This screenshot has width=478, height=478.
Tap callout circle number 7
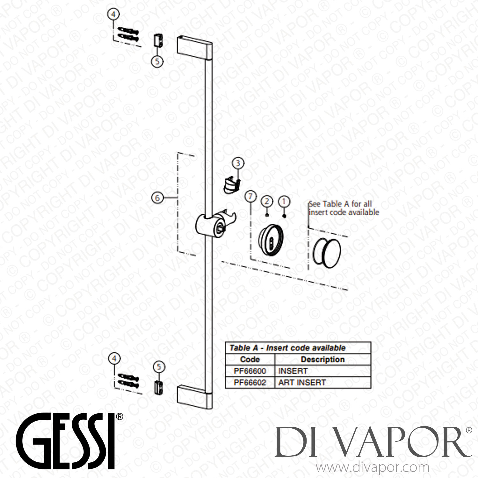[x=250, y=196]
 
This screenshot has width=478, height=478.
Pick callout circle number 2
[x=267, y=201]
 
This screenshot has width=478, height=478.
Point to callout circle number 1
[x=284, y=201]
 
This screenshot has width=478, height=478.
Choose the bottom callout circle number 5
[x=159, y=367]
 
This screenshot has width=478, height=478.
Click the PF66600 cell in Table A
[x=250, y=371]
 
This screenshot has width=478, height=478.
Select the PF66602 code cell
[x=250, y=382]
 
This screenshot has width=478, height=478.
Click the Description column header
[x=322, y=359]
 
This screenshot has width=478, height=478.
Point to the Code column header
[x=250, y=359]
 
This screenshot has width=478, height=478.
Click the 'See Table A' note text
[x=344, y=208]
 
